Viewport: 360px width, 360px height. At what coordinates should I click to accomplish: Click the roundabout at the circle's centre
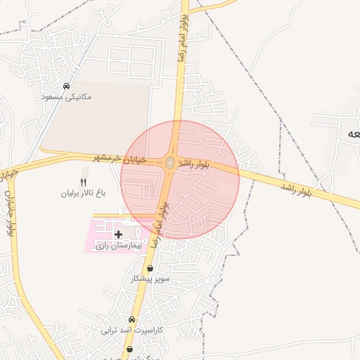170,163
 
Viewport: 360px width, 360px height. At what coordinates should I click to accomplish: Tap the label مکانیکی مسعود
67,96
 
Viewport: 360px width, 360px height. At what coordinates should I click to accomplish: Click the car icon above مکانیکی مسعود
67,86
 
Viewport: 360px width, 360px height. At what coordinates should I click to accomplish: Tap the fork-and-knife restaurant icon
84,182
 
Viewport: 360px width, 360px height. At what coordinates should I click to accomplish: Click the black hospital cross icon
118,233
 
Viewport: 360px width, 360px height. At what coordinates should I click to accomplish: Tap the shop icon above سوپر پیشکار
150,268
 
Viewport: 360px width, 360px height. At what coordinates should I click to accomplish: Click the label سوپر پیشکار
150,278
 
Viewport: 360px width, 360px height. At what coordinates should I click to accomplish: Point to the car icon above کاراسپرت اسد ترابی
131,319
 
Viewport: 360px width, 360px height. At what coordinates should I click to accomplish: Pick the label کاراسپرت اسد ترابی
131,330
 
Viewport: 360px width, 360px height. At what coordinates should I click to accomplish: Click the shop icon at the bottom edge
129,349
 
